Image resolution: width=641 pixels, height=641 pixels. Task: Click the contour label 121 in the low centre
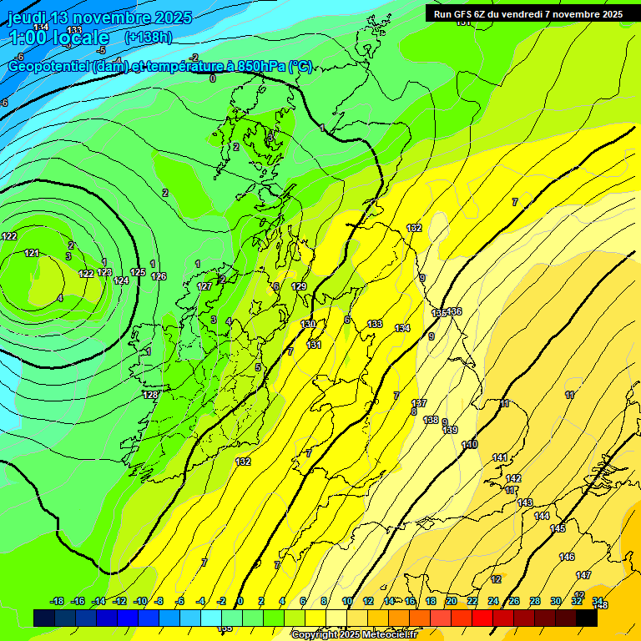[x=32, y=253]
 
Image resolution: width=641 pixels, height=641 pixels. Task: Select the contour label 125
[x=138, y=273]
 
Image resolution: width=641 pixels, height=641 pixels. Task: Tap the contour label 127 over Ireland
[x=204, y=286]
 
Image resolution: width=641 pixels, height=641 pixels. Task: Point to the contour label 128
[x=150, y=395]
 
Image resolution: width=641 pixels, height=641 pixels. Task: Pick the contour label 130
[x=309, y=324]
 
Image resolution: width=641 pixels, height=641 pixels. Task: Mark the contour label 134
[x=403, y=328]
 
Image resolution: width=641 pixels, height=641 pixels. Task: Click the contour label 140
[x=470, y=445]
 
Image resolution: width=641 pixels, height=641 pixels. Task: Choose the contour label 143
[x=525, y=502]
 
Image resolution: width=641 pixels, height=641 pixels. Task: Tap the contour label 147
[x=583, y=575]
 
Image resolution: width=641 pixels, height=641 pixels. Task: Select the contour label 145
[x=558, y=528]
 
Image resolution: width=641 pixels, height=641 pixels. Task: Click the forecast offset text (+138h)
[x=148, y=38]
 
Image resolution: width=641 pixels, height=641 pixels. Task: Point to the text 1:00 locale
[x=58, y=38]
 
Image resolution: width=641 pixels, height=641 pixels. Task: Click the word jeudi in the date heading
[x=30, y=18]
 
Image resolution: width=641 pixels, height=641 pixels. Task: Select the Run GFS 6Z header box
[x=528, y=14]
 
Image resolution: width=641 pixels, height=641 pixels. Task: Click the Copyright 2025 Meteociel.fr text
[x=354, y=634]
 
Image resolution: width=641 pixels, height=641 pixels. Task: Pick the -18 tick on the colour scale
[x=58, y=601]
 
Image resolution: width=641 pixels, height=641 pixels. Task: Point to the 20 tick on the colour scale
[x=452, y=601]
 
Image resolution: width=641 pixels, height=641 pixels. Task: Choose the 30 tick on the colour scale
[x=556, y=601]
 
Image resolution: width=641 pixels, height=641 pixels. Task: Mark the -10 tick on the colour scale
[x=140, y=601]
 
